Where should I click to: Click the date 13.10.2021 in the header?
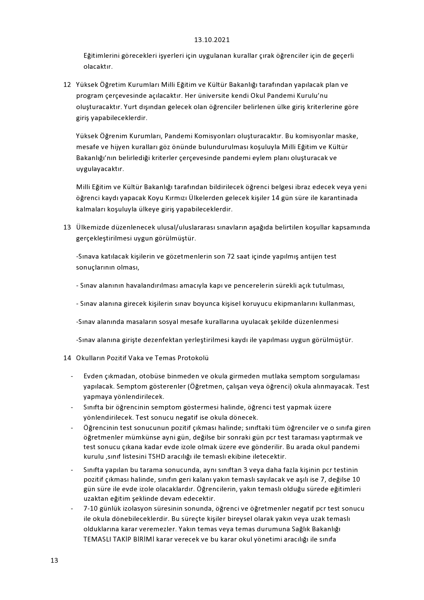pos(212,40)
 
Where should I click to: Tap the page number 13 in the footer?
pos(54,560)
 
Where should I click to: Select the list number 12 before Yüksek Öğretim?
pos(67,84)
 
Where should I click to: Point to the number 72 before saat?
pos(231,256)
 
